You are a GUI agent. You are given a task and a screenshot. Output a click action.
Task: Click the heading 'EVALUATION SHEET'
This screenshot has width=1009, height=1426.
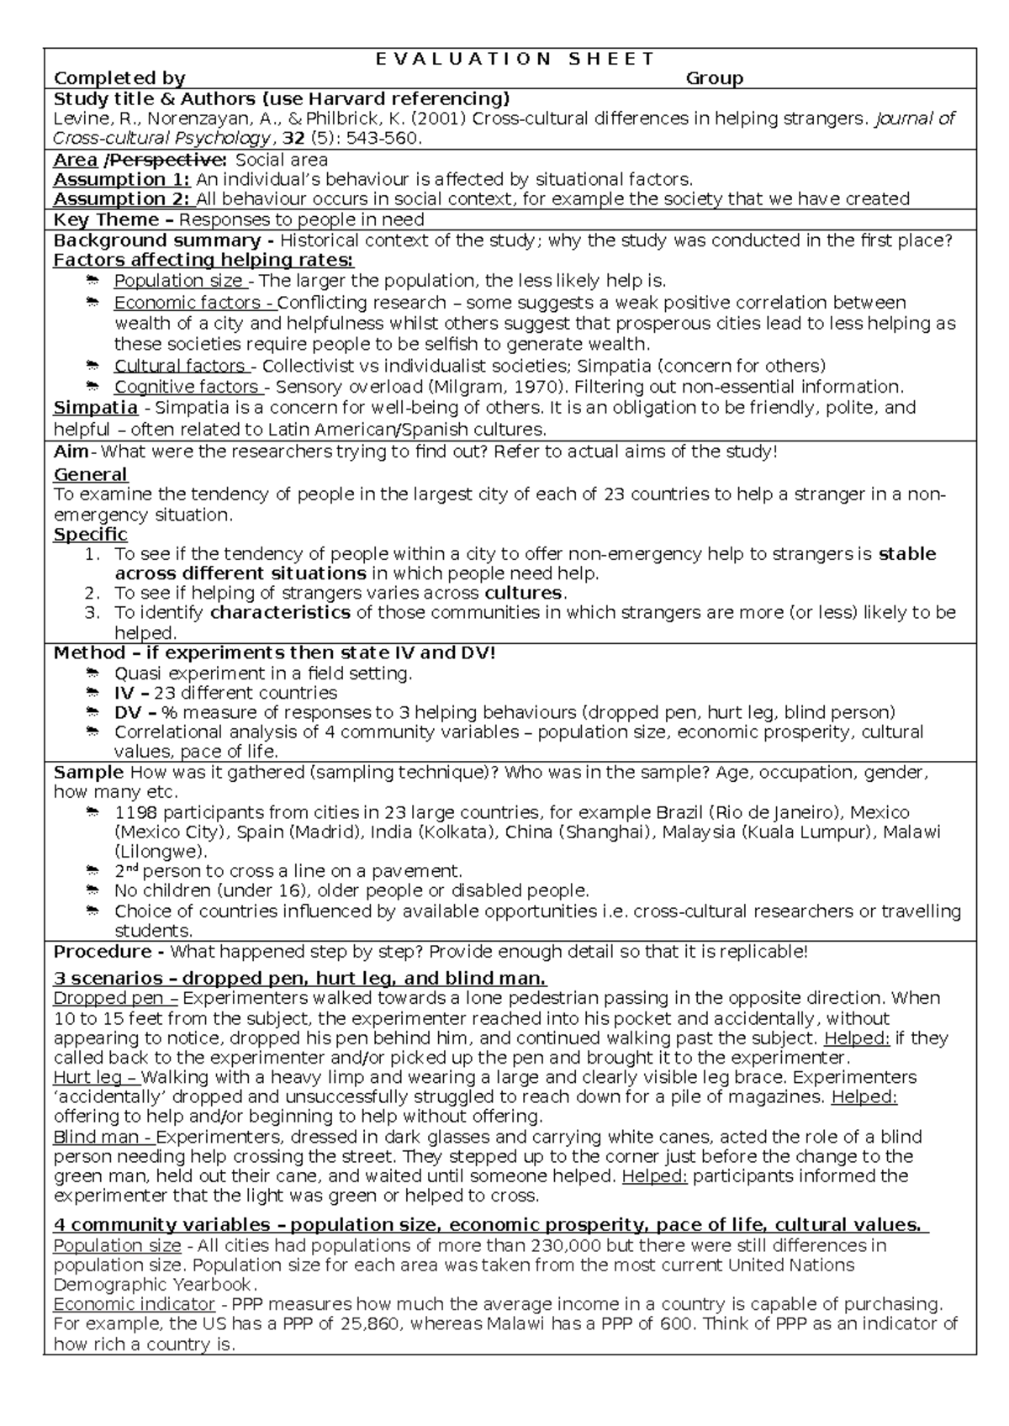coord(515,58)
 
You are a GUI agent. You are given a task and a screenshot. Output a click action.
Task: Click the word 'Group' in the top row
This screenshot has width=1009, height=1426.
coord(714,78)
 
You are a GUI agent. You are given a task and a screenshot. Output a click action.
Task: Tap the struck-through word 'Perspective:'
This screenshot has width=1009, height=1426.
coord(167,160)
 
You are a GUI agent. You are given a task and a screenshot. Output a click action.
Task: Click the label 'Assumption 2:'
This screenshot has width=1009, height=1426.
coord(123,199)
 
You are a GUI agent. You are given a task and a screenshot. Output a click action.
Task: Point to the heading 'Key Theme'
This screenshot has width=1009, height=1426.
coord(106,219)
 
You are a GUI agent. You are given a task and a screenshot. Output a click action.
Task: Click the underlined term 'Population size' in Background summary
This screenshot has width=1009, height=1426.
coord(178,281)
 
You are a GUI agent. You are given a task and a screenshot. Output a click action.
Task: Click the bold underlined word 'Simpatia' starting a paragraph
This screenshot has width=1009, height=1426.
coord(95,408)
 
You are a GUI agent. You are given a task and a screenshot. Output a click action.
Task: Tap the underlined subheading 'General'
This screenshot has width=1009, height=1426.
coord(90,474)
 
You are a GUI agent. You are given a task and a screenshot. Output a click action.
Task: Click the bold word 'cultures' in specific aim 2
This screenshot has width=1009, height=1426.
coord(526,593)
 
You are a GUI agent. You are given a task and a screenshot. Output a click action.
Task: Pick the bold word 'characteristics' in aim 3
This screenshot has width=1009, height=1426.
coord(280,613)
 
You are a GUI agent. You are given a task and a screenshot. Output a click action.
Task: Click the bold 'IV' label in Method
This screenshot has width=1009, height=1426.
coord(123,693)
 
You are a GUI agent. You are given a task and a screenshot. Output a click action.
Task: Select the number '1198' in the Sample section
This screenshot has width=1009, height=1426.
coord(135,813)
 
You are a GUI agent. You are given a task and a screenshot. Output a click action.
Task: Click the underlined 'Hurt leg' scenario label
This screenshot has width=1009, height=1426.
coord(87,1077)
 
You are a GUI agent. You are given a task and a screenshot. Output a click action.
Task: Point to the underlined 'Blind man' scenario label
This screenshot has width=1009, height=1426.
coord(92,1138)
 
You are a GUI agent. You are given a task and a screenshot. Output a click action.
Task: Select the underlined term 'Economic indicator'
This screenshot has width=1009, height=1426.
coord(134,1304)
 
